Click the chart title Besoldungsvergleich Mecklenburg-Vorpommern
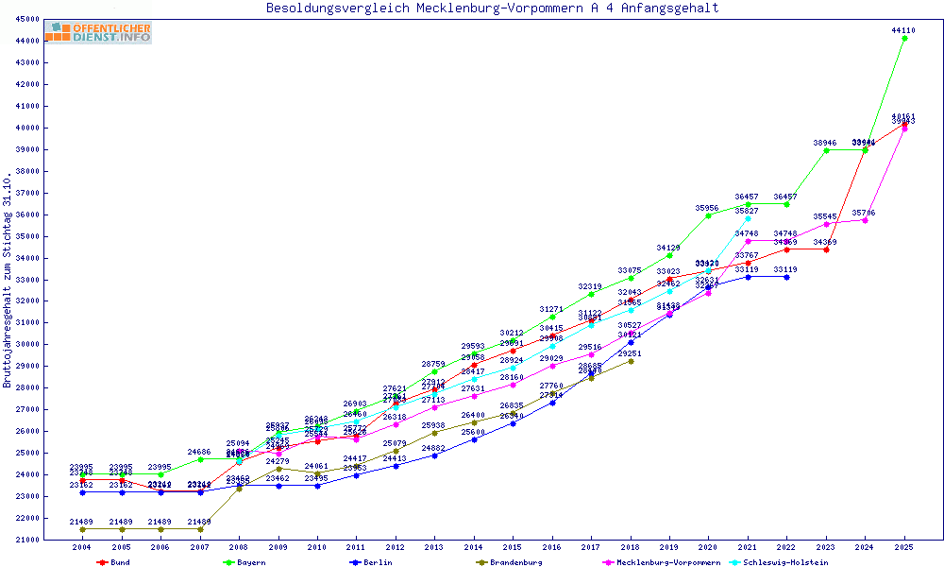click(x=492, y=9)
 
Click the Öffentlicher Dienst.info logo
click(x=98, y=32)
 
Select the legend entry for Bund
click(x=113, y=562)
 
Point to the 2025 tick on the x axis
click(x=904, y=547)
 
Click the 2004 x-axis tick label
click(x=82, y=547)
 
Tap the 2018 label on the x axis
click(x=631, y=547)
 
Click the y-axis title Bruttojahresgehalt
click(x=8, y=281)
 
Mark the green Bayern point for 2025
click(x=904, y=39)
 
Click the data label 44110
click(x=903, y=30)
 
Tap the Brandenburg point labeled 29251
click(x=631, y=361)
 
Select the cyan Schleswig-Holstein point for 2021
click(x=748, y=218)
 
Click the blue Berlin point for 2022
click(x=786, y=277)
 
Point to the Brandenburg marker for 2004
click(x=82, y=529)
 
